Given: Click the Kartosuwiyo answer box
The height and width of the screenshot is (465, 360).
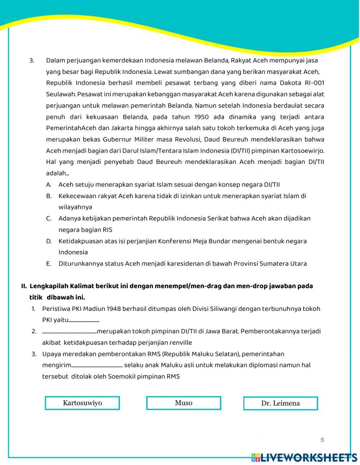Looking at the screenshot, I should pos(82,403).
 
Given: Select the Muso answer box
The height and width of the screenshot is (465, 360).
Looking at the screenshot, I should pos(184,403).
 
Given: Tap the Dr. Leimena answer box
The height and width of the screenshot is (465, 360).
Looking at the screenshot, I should pos(280,403).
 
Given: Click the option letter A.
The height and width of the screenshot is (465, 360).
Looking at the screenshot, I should pos(49,185).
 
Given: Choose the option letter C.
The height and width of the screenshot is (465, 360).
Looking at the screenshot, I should pos(49,219).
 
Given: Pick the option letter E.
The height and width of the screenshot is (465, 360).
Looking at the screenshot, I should pos(49,264).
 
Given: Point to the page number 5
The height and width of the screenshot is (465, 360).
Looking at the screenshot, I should pos(322,440).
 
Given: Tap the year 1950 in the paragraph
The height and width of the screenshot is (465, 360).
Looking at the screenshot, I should pos(201,117).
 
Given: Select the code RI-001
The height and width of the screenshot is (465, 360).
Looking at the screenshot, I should pos(314,83).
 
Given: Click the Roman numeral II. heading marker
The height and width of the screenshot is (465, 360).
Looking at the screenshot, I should pos(24,286).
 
